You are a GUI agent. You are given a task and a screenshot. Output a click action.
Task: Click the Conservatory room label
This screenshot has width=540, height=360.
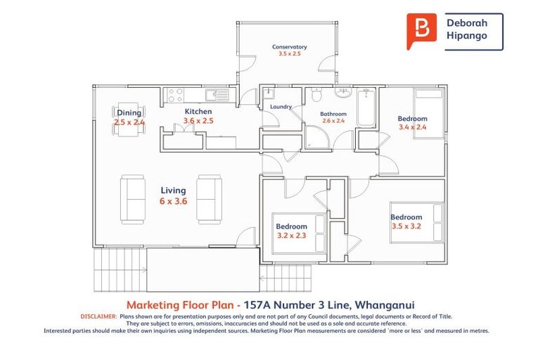pyautogui.click(x=290, y=47)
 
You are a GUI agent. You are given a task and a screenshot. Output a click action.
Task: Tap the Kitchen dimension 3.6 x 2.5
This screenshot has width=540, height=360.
pyautogui.click(x=198, y=121)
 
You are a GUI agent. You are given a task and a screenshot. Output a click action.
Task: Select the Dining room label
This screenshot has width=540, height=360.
pyautogui.click(x=129, y=112)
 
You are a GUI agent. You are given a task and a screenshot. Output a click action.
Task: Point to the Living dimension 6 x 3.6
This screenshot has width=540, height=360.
pyautogui.click(x=173, y=201)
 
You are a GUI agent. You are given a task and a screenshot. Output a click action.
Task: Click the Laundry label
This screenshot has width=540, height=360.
pyautogui.click(x=281, y=107)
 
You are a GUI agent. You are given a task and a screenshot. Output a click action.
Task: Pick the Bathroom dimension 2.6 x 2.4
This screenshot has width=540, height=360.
pyautogui.click(x=333, y=121)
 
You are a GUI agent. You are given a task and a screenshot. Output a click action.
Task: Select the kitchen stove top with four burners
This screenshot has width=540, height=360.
pyautogui.click(x=175, y=94)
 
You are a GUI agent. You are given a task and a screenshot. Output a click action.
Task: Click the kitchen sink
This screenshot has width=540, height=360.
pyautogui.click(x=214, y=94)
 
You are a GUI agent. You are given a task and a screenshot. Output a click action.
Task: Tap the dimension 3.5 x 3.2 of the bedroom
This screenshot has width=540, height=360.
pyautogui.click(x=406, y=227)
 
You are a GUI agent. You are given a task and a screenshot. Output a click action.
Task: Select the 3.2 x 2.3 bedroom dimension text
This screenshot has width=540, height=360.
pyautogui.click(x=291, y=236)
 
